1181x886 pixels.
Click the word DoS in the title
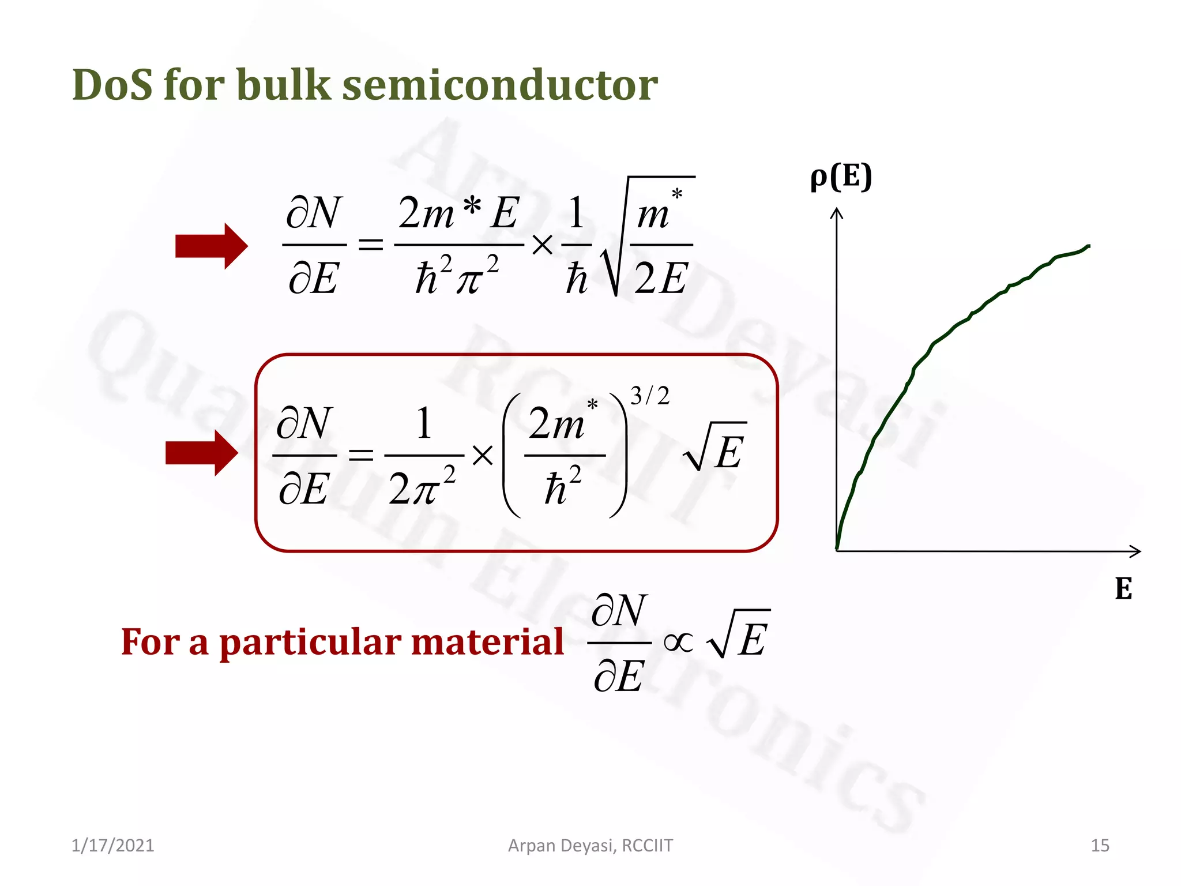point(112,85)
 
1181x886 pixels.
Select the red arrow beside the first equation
point(211,246)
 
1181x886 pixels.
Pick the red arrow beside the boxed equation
point(201,453)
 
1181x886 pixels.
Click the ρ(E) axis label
point(841,177)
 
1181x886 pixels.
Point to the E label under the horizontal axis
point(1123,589)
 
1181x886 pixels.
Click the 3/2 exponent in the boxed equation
point(650,396)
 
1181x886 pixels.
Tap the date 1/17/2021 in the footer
point(112,845)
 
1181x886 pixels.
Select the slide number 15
point(1100,845)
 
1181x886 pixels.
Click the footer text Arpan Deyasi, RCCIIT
point(590,845)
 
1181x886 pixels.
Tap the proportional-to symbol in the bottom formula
point(678,642)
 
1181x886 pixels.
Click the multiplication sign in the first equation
point(542,246)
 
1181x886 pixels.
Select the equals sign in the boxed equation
point(361,456)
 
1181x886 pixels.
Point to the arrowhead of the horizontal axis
point(1135,551)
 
